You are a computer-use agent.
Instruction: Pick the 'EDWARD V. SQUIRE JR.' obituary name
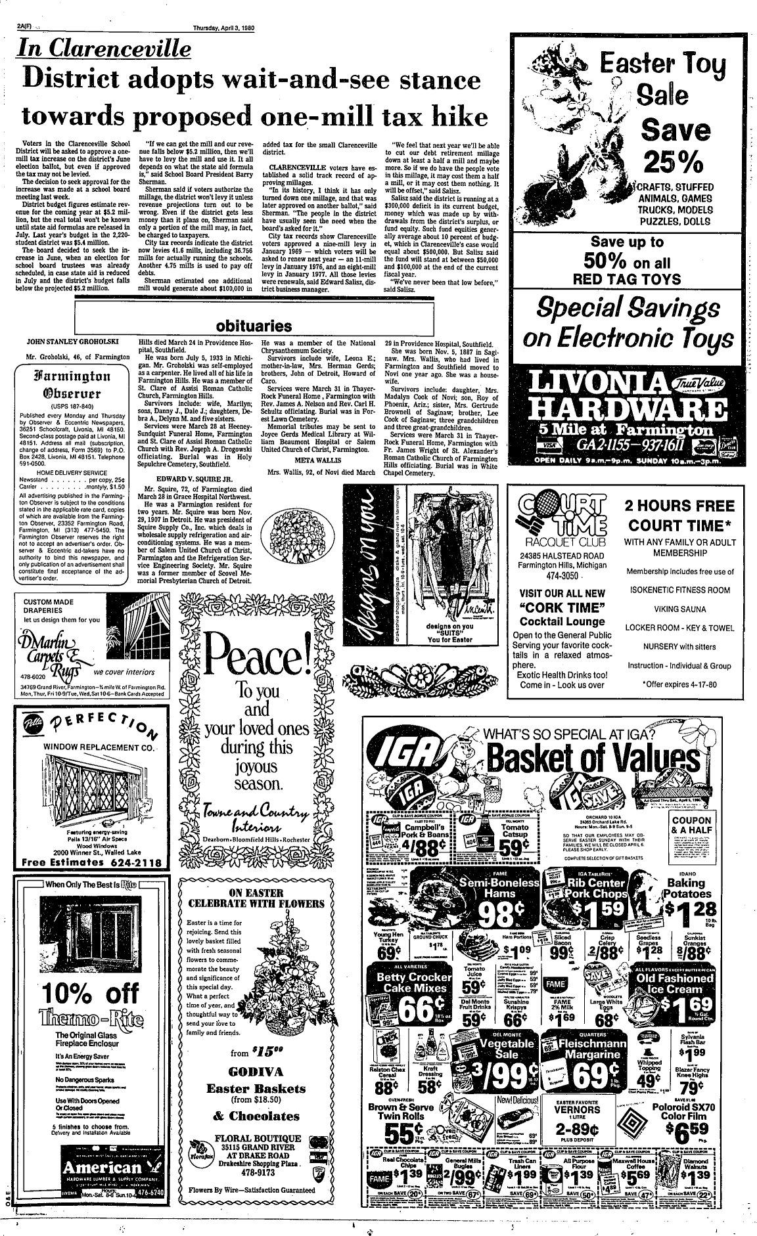(x=194, y=479)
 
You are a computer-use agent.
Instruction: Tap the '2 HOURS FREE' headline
(x=679, y=506)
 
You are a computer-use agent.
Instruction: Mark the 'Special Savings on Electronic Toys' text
(x=633, y=324)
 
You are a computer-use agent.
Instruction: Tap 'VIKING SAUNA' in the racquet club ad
(x=679, y=609)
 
